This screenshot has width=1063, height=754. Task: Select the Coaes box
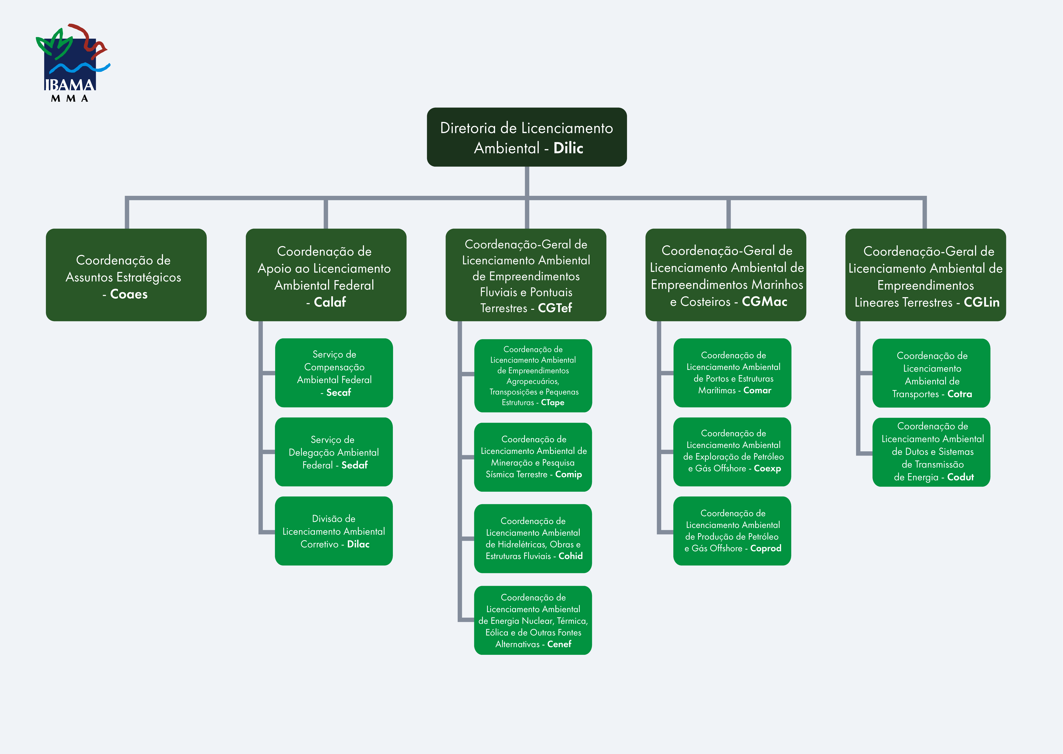point(126,275)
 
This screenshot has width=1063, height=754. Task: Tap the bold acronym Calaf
point(330,302)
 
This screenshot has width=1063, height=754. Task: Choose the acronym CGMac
point(764,302)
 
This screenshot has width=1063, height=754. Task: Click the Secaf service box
point(334,373)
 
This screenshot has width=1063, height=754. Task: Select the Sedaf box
point(334,452)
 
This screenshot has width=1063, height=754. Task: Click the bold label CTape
point(553,402)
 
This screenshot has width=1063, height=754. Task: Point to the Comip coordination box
point(533,457)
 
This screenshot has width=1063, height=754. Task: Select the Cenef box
point(533,620)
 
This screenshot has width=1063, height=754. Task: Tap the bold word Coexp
point(767,469)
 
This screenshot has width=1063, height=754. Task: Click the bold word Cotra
point(960,394)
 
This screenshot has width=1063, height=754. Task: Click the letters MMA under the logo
point(70,98)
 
